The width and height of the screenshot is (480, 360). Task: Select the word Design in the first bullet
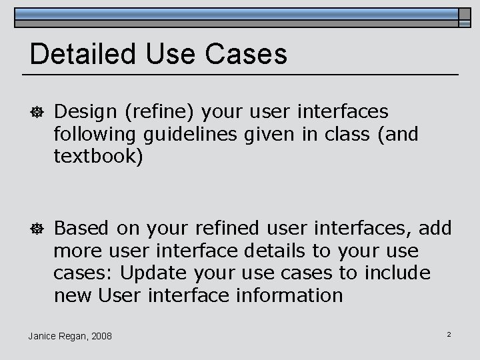coord(84,112)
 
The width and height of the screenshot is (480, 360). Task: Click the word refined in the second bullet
coord(227,229)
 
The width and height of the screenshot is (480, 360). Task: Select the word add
coord(437,229)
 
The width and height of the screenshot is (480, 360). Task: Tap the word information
coord(289,295)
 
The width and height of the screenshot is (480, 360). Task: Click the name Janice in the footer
coord(43,335)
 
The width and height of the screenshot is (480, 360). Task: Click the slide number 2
coord(449,333)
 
